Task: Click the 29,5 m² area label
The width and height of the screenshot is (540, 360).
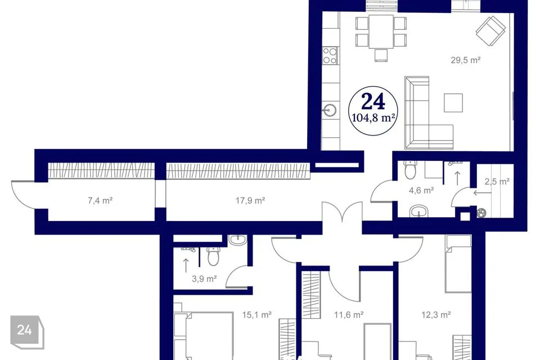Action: [x=466, y=60]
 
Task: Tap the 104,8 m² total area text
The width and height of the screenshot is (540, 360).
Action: [x=373, y=118]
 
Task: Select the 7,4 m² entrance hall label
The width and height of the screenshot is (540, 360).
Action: [x=100, y=200]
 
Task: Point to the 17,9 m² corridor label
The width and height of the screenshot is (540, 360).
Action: [x=250, y=200]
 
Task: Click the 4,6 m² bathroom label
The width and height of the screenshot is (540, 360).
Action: [x=421, y=190]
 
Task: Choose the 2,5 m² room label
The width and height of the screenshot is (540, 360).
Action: [x=497, y=181]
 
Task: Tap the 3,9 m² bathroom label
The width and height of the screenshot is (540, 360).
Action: [x=204, y=278]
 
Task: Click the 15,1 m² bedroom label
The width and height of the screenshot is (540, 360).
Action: [x=257, y=314]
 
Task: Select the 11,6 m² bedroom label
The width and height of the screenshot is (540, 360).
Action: [x=349, y=314]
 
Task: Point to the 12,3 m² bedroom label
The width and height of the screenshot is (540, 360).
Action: [x=436, y=314]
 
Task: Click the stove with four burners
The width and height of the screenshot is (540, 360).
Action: [x=330, y=56]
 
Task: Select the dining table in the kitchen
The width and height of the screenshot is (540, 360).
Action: [x=381, y=31]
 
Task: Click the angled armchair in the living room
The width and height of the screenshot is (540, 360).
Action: [x=491, y=31]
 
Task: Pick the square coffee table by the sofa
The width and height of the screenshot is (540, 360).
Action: [x=453, y=103]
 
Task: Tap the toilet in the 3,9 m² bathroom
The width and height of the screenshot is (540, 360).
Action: [x=213, y=256]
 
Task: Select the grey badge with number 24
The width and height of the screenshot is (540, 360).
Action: [x=27, y=332]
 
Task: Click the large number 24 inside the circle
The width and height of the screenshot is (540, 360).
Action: [x=373, y=102]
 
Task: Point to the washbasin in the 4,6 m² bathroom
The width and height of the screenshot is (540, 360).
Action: [x=418, y=211]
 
